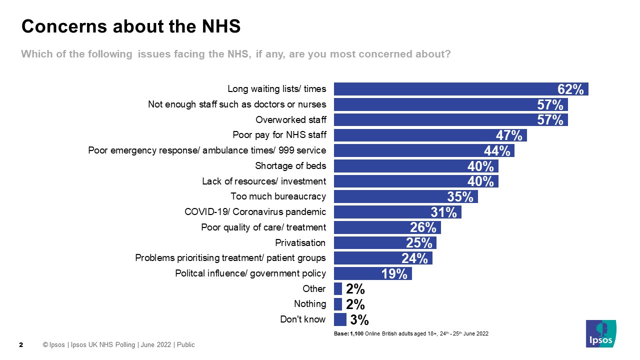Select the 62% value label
click(x=570, y=89)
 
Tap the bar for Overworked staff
click(x=440, y=120)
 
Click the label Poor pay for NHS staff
click(x=279, y=135)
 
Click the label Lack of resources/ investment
click(x=263, y=181)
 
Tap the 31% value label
click(x=443, y=212)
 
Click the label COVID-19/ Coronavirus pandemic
click(x=255, y=212)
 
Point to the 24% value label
click(x=414, y=258)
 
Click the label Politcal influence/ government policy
click(x=250, y=273)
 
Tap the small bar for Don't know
click(x=340, y=319)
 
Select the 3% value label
click(x=359, y=319)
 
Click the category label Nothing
click(x=310, y=304)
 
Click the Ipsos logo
click(x=601, y=333)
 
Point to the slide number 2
click(x=21, y=345)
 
